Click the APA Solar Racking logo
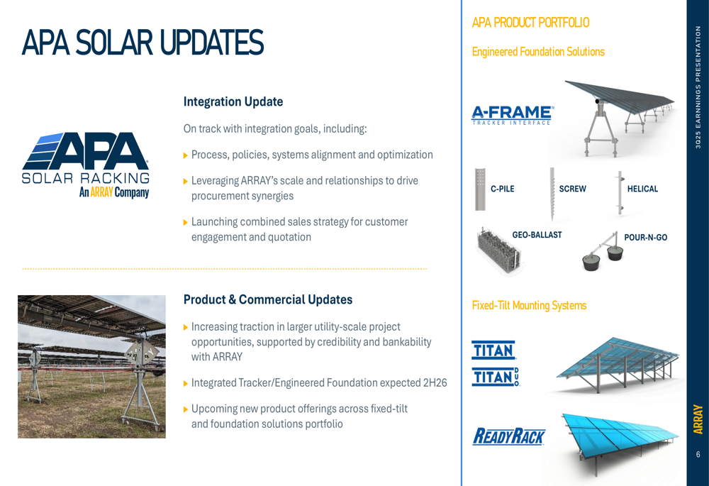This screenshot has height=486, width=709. coord(86,165)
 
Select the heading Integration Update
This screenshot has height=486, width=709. coord(233,102)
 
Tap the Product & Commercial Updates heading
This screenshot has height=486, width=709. coord(268,299)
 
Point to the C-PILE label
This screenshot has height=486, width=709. coord(503,189)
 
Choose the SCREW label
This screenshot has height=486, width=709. coord(572,189)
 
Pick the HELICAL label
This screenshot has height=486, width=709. coord(642,189)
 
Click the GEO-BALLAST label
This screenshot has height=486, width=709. coord(537,235)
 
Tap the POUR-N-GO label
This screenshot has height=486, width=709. coord(646,238)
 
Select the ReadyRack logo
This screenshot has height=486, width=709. coord(508,436)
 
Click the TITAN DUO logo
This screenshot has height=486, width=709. coord(496,377)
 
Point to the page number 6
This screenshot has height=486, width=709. coord(698,454)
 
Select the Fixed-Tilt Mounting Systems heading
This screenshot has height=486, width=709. coord(529,306)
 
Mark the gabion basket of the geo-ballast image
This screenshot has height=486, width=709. coord(498,251)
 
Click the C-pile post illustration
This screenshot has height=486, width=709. coord(480,189)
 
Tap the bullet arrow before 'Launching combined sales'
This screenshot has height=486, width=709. coord(185,222)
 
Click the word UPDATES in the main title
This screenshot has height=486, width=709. coord(211,43)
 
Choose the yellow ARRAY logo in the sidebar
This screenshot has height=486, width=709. coord(698,419)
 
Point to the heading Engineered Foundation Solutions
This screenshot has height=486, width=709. coord(538,52)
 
